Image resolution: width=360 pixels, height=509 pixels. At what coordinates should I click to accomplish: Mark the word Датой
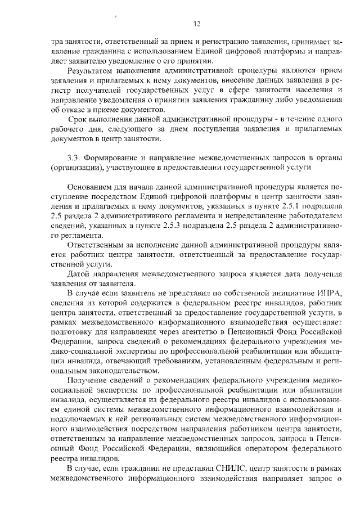[78, 273]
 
